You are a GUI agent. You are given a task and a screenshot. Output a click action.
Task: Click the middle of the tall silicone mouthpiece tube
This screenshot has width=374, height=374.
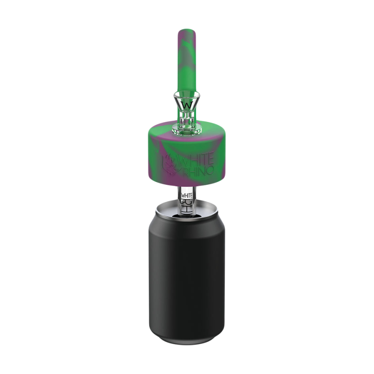(187, 62)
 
